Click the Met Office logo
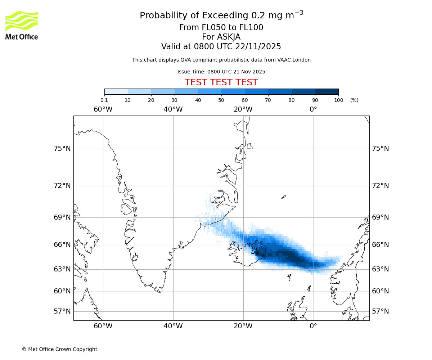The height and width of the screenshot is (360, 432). (x=22, y=25)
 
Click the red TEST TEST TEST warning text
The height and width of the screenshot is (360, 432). (x=221, y=82)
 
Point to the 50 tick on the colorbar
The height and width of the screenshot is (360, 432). (x=221, y=100)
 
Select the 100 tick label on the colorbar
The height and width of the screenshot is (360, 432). (x=338, y=100)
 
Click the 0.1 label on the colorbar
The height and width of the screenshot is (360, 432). (x=104, y=100)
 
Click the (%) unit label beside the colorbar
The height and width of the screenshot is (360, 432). (x=354, y=100)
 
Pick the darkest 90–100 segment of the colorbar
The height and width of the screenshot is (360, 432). (x=327, y=91)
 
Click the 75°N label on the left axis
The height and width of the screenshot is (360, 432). (x=62, y=149)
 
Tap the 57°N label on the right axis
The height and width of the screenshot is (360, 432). (x=381, y=311)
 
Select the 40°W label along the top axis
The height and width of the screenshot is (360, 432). (x=173, y=109)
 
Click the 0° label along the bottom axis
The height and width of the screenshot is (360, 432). (x=314, y=326)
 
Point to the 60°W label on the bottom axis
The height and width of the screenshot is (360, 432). (x=103, y=326)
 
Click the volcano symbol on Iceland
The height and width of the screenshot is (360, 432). (x=255, y=250)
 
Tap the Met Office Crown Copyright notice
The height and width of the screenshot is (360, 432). (x=59, y=349)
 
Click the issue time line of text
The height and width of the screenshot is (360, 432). (x=221, y=72)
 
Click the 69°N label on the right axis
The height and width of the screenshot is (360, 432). (x=381, y=217)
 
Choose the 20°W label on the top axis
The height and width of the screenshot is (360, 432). (x=243, y=109)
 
